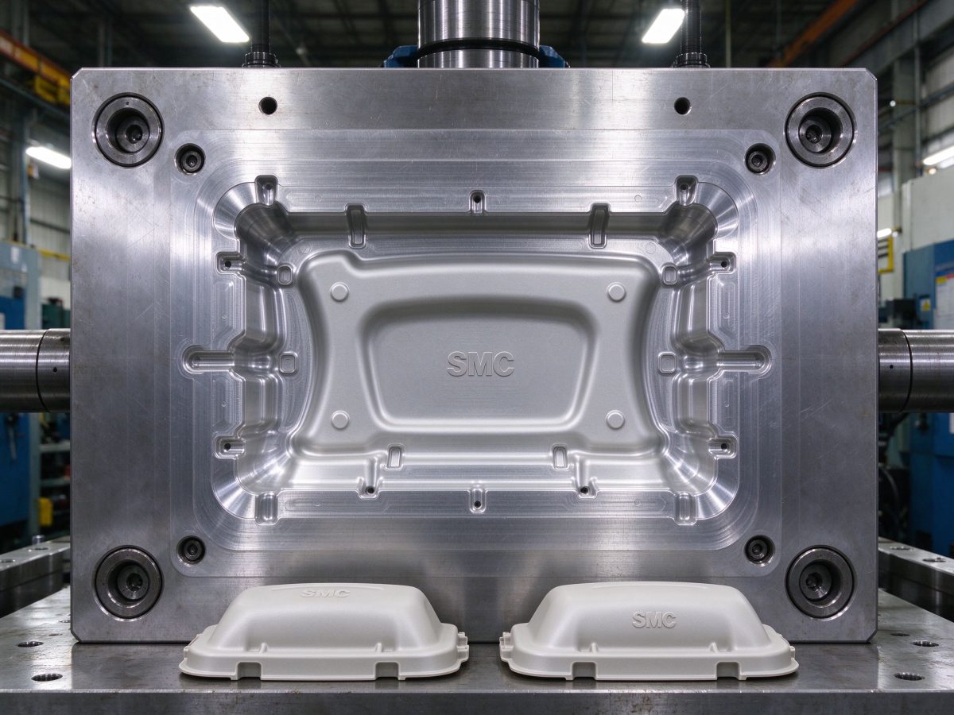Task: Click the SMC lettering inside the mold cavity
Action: (x=480, y=364)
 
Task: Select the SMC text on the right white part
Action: (x=654, y=620)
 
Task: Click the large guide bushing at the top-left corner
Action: (x=129, y=129)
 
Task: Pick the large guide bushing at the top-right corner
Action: (x=820, y=129)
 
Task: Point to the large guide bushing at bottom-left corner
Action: (x=128, y=582)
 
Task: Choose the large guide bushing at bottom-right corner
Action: (x=820, y=582)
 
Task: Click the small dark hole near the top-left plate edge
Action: (x=268, y=106)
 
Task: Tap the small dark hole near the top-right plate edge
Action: (x=682, y=106)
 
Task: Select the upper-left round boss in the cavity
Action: (x=339, y=292)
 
